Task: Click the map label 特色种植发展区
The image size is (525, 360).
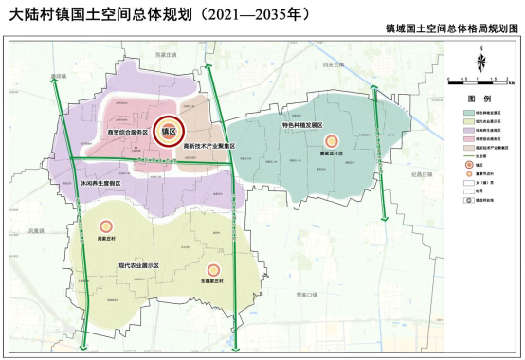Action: [302, 126]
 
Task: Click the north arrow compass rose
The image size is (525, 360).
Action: [482, 63]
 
